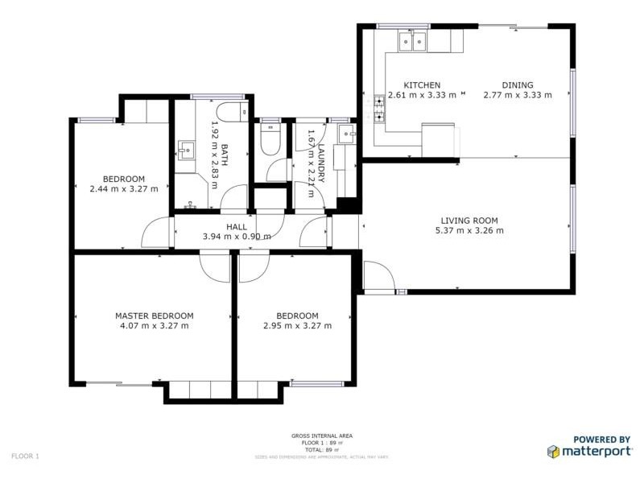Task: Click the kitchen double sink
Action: click(x=413, y=42)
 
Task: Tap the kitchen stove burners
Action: click(x=379, y=109)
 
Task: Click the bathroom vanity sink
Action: click(x=187, y=150)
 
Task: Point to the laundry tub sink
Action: click(x=346, y=134)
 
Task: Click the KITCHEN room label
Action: click(x=422, y=85)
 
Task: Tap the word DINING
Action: click(x=517, y=85)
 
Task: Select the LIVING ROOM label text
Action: click(x=469, y=221)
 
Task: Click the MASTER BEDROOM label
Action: click(x=154, y=316)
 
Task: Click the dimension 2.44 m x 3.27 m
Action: click(x=123, y=189)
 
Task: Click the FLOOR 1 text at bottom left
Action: click(x=25, y=456)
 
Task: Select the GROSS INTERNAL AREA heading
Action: click(x=321, y=436)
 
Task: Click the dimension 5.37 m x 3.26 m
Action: click(x=469, y=231)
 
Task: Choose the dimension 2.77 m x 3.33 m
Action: click(x=517, y=95)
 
